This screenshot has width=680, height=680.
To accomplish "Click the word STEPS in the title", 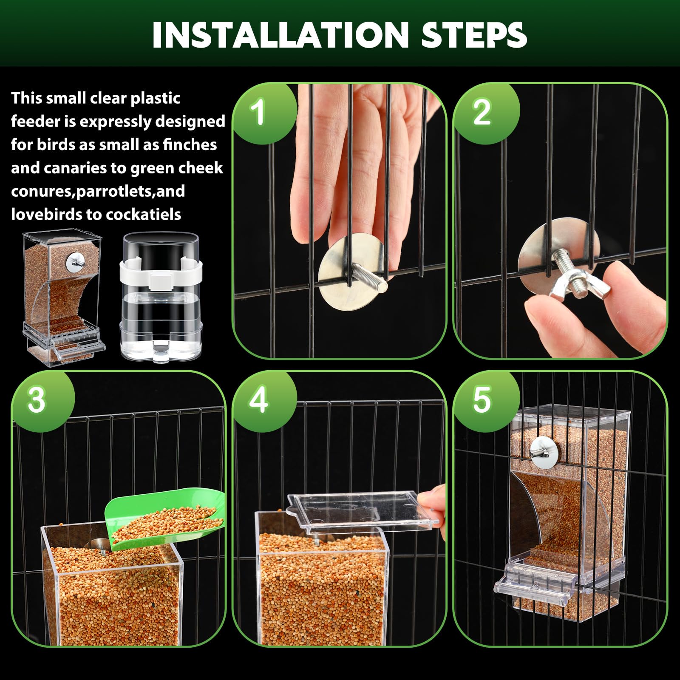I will click(474, 35).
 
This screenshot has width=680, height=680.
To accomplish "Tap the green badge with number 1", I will click(258, 112).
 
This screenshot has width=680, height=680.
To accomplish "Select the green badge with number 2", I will click(482, 112).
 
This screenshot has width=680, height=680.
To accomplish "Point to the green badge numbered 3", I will click(37, 400).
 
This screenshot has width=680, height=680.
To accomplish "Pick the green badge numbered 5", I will click(482, 400).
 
